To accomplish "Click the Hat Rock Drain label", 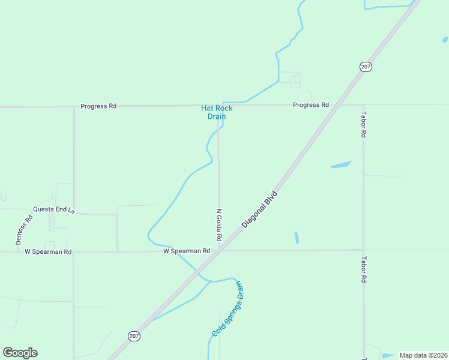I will pos(216,112).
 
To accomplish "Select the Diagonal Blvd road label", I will pos(261,209).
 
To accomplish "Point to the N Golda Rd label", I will pos(219,225).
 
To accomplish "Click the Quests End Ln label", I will pos(53,209).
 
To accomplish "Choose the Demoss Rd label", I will pos(23,229).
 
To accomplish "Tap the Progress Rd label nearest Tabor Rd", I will pos(310,105).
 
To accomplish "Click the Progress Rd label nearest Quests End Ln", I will pos(98,106).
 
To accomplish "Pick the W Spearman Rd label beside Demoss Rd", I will pos(48,252).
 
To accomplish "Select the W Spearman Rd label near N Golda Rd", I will pos(187,251).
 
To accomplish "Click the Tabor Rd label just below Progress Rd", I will pos(363,124).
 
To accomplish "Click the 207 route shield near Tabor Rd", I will pos(366,67).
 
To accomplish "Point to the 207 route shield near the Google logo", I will pos(134,336).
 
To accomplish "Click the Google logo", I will pos(20,353).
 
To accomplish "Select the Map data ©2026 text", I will pos(423,355).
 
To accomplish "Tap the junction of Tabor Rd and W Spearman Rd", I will pos(363,250).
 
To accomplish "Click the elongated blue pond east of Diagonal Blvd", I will pos(340,164).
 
